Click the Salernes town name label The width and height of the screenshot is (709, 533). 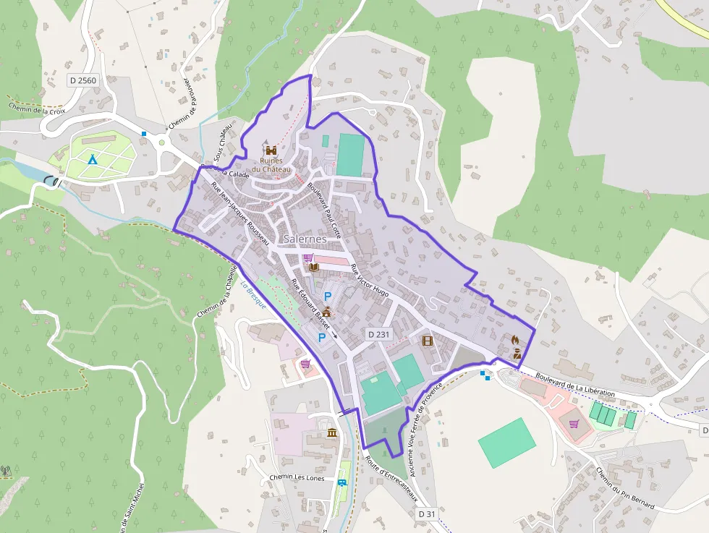pyautogui.click(x=305, y=238)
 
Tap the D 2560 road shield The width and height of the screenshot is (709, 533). pyautogui.click(x=82, y=81)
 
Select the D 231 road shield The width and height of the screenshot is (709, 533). pyautogui.click(x=378, y=334)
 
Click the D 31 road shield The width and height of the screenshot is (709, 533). pyautogui.click(x=428, y=513)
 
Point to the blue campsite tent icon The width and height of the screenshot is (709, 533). pyautogui.click(x=92, y=158)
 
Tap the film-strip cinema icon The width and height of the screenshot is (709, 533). pyautogui.click(x=427, y=340)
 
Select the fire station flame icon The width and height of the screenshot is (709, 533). pyautogui.click(x=515, y=338)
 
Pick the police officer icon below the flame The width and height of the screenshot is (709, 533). pyautogui.click(x=517, y=354)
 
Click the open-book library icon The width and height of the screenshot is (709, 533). pyautogui.click(x=313, y=268)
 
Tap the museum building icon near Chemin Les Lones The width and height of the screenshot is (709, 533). pyautogui.click(x=331, y=432)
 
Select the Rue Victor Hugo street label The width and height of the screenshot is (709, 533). pyautogui.click(x=370, y=281)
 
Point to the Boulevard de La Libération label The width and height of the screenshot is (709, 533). pyautogui.click(x=576, y=384)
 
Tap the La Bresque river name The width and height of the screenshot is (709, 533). pyautogui.click(x=253, y=295)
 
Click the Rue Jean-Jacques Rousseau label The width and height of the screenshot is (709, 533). pyautogui.click(x=239, y=213)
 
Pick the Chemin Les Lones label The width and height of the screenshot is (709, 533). pyautogui.click(x=297, y=478)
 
